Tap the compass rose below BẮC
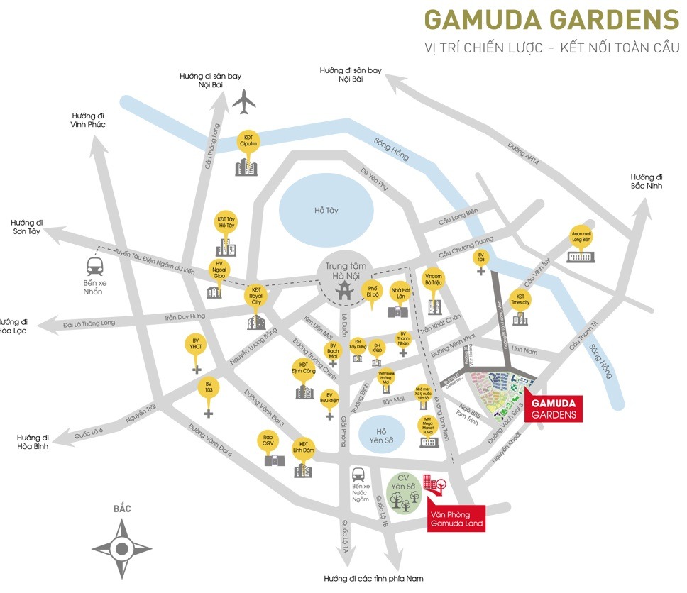pyautogui.click(x=121, y=547)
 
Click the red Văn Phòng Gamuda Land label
pyautogui.click(x=456, y=519)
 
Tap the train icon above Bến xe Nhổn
pyautogui.click(x=94, y=267)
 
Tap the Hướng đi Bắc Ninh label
pyautogui.click(x=646, y=182)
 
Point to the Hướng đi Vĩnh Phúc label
pyautogui.click(x=88, y=120)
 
